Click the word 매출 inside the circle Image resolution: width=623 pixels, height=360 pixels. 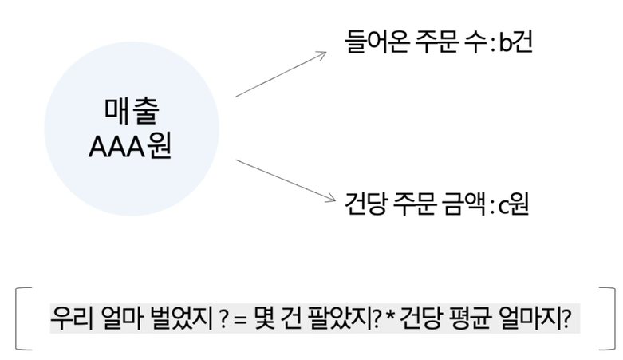tap(131, 109)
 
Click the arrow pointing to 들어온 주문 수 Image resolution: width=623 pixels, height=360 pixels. tap(281, 74)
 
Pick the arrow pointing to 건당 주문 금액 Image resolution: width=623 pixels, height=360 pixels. tap(281, 179)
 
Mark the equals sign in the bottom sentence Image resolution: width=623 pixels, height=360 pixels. tap(238, 318)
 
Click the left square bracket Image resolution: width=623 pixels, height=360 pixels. tap(21, 318)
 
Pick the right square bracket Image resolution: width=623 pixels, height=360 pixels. tap(602, 318)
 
